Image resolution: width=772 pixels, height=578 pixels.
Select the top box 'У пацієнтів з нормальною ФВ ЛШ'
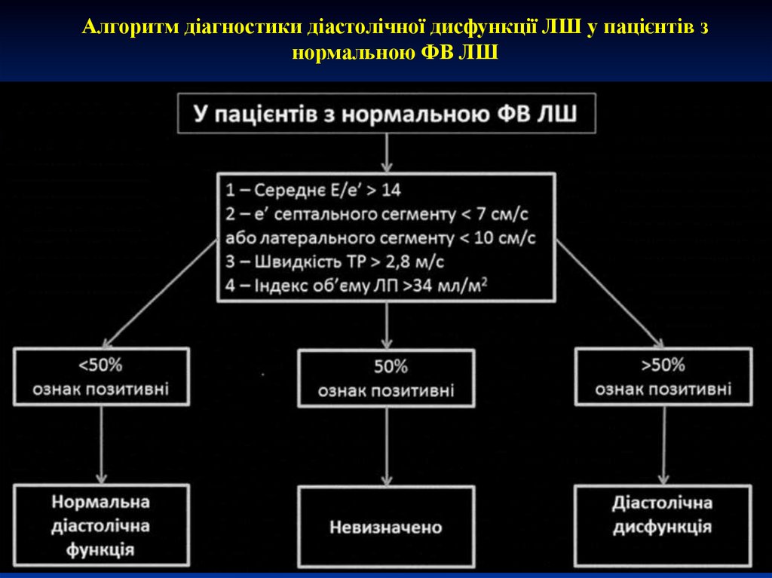point(386,114)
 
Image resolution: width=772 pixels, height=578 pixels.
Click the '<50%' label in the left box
point(100,365)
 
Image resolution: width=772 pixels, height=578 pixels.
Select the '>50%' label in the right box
point(663,365)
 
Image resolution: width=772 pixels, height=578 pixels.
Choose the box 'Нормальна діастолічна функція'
point(100,524)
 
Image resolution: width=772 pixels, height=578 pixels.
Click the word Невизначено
point(386,527)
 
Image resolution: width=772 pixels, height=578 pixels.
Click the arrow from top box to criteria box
point(386,152)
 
